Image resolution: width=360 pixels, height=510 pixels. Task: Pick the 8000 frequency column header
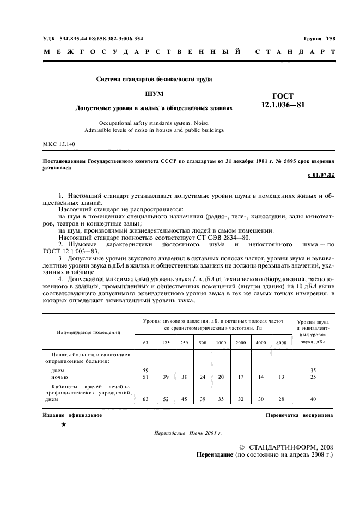pos(280,342)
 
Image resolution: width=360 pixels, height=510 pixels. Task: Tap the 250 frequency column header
pos(185,342)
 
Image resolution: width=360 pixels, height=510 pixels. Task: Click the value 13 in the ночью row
pos(280,377)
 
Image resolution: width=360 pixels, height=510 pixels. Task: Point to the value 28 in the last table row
pos(280,399)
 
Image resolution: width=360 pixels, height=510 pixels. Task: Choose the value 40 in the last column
pos(313,399)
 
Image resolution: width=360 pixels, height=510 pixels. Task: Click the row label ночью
pos(59,377)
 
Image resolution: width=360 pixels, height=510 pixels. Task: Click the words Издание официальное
pos(72,415)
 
